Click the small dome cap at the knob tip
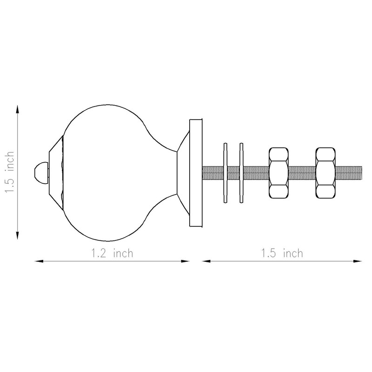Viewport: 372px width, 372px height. (41, 173)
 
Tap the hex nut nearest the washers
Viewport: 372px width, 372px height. (279, 173)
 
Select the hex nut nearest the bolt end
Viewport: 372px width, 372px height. (325, 173)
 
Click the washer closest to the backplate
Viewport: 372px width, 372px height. (226, 173)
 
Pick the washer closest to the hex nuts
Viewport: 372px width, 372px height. (241, 173)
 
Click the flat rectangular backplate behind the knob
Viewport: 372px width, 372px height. (196, 173)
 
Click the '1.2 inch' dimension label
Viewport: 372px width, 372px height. (113, 253)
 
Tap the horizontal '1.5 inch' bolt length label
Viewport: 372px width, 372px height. (282, 253)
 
